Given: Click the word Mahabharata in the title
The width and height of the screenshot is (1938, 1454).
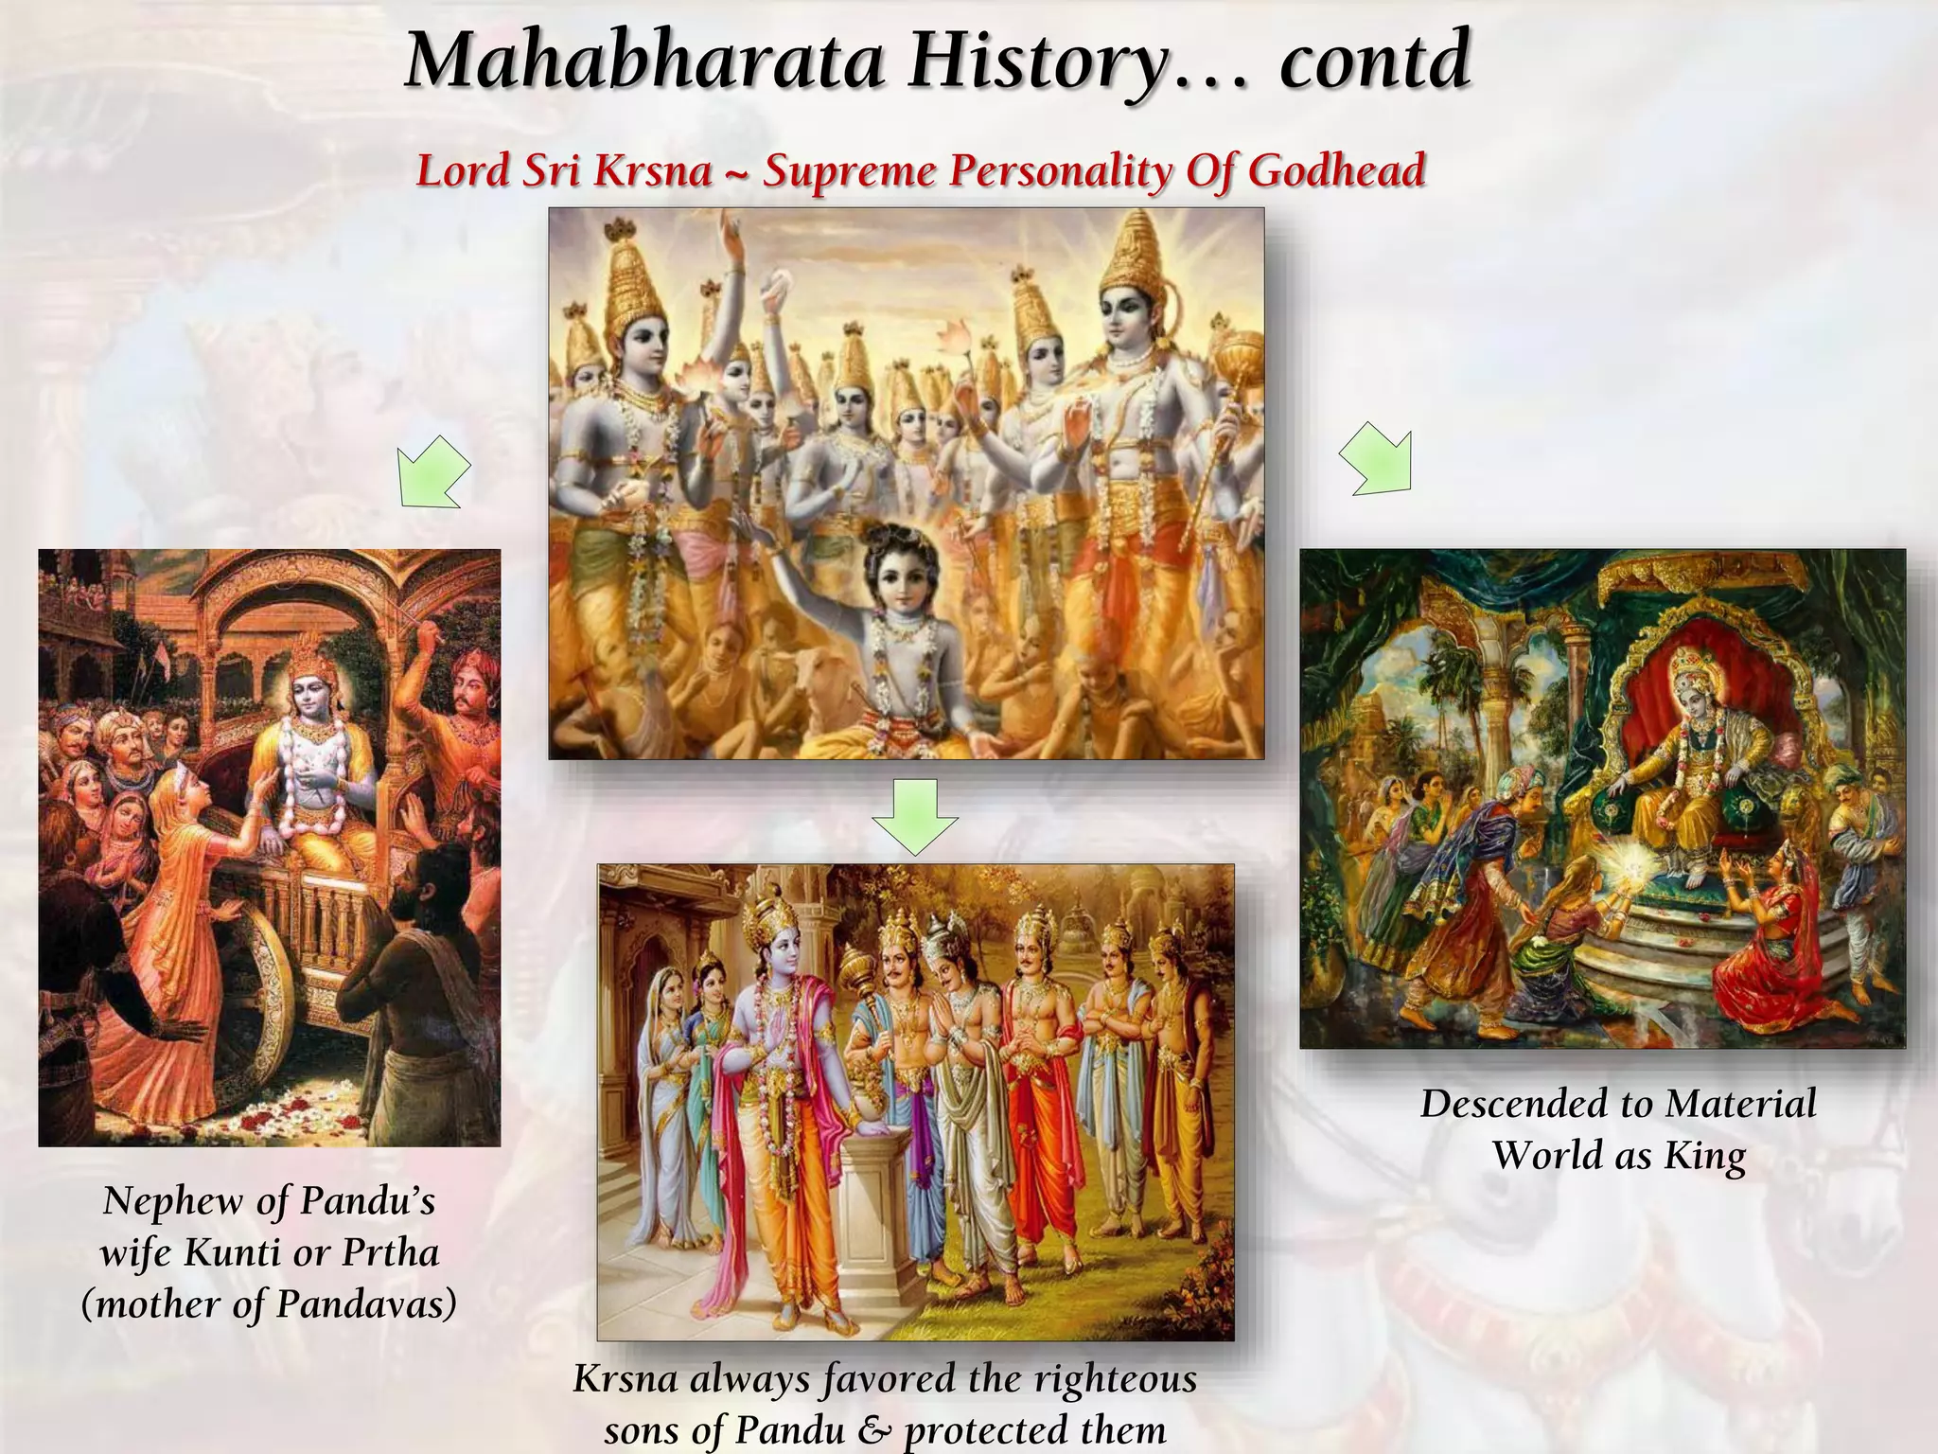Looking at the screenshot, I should pyautogui.click(x=644, y=61).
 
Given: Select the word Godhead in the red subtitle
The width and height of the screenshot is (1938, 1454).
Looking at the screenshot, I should pyautogui.click(x=1336, y=171).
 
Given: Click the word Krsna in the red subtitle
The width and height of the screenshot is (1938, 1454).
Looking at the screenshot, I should pyautogui.click(x=652, y=171).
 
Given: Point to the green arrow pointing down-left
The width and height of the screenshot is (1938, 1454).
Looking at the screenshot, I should pyautogui.click(x=432, y=472).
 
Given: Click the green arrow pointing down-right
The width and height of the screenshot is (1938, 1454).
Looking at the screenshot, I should pyautogui.click(x=1377, y=458).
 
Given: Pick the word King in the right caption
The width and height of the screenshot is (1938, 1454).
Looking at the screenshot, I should pyautogui.click(x=1704, y=1157).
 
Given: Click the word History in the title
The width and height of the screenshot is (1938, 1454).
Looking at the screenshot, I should pyautogui.click(x=1037, y=61).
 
